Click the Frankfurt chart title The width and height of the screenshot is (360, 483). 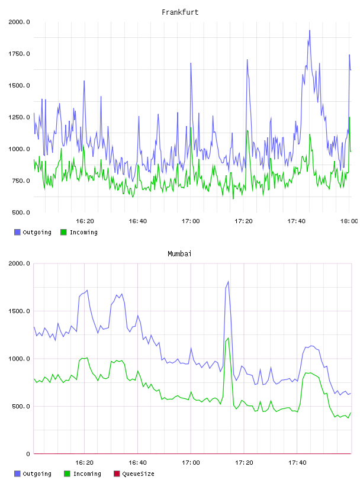point(180,12)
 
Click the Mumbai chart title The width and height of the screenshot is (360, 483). point(179,253)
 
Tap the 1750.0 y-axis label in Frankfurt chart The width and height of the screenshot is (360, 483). point(19,54)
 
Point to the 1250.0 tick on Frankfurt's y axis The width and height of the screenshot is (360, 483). point(19,117)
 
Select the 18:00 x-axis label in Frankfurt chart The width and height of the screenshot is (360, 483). point(349,221)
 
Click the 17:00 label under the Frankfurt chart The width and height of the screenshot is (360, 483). point(191,221)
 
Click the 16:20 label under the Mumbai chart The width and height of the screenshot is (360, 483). point(85,462)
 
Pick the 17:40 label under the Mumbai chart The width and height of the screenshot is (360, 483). point(297,462)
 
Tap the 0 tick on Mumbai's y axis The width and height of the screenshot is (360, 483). point(28,454)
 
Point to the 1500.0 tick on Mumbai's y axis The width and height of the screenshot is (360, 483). point(19,311)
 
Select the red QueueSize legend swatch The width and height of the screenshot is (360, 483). point(117,474)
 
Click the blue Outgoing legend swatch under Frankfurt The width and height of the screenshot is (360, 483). point(17,232)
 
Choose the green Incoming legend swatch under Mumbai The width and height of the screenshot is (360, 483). point(67,474)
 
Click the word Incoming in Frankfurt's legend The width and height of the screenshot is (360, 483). point(83,232)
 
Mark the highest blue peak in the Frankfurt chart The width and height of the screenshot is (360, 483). point(310,30)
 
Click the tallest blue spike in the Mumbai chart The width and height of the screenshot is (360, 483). point(228,281)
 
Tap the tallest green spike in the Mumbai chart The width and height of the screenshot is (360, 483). point(228,338)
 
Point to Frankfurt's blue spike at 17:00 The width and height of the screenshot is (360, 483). point(191,63)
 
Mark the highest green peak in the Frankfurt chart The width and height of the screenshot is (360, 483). point(349,117)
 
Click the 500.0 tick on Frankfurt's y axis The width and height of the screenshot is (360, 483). point(21,212)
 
